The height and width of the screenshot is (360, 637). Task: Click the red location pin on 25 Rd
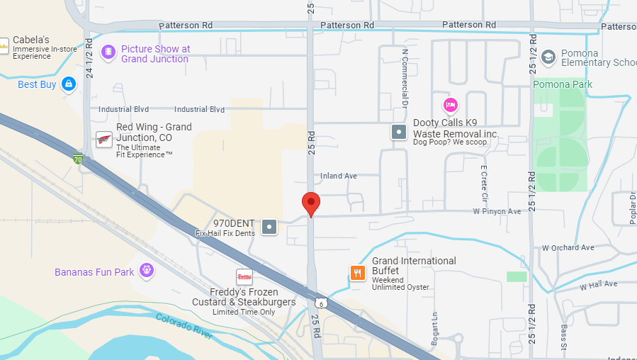point(310,203)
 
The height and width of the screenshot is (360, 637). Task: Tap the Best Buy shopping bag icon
point(69,85)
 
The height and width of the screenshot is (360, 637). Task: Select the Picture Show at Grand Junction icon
point(108,52)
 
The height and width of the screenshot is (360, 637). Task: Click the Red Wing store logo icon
point(104,139)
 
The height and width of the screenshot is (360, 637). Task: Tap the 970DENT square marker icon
point(269,227)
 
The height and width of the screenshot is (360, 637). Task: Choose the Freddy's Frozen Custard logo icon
point(244,277)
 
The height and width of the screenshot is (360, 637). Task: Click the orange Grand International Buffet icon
point(358,273)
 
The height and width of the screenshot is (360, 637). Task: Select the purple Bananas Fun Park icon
point(147,270)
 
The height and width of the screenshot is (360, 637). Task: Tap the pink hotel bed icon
point(450,106)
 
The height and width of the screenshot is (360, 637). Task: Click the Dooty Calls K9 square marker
point(400,131)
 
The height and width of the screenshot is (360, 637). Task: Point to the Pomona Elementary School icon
point(548,57)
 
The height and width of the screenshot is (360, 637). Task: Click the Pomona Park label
point(563,84)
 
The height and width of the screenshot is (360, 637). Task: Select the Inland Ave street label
point(339,176)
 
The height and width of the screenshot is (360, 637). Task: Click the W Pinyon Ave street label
point(497,211)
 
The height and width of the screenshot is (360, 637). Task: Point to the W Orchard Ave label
point(568,248)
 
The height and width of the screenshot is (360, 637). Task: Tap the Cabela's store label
point(33,40)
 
